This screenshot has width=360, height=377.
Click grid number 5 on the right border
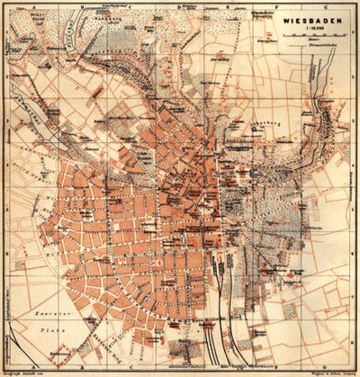click(x=355, y=208)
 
